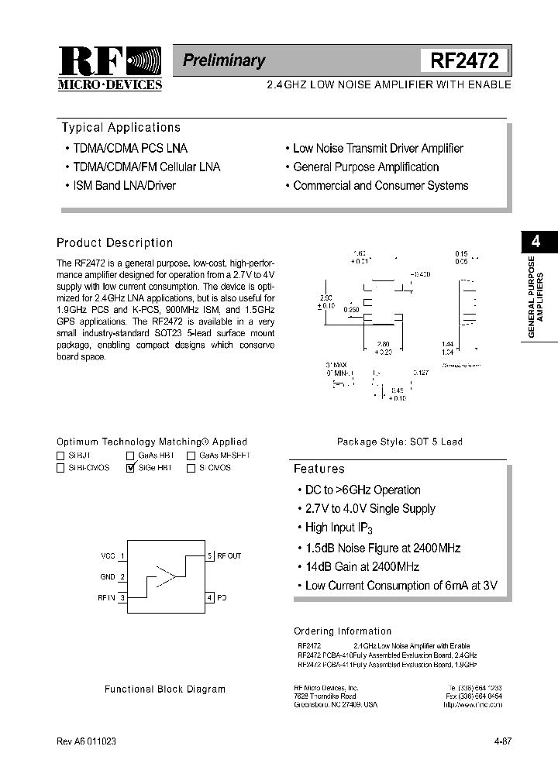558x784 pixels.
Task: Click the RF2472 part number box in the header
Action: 464,60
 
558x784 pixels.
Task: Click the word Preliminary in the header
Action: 224,60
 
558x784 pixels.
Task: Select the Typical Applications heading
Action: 120,128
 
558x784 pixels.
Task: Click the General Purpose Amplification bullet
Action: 365,167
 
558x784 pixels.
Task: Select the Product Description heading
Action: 115,243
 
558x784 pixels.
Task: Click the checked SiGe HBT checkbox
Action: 130,468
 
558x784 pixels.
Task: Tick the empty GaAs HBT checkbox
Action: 130,456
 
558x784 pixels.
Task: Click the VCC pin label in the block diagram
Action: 108,556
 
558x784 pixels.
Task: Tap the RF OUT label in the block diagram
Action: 229,556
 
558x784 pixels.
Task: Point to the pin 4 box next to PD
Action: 209,597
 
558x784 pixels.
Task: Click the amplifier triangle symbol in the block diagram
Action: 166,576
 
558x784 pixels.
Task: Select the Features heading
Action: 319,469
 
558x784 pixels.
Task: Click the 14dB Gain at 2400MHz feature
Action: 362,566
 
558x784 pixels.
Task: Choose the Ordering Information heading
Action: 343,631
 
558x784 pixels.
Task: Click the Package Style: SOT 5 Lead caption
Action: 399,442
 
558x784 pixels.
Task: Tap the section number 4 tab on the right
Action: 536,242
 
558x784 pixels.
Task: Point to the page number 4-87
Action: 502,741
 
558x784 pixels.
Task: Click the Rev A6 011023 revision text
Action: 87,741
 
